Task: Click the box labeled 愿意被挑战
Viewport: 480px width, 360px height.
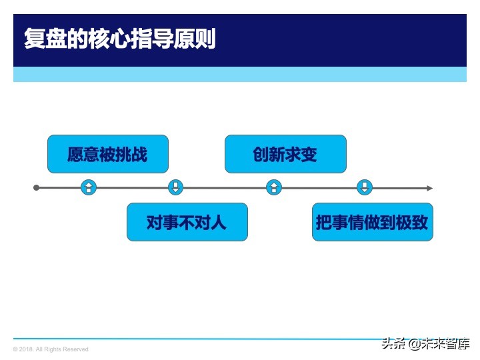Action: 107,154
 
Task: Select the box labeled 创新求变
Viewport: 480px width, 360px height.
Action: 285,154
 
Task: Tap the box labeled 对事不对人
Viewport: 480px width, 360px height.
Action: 187,222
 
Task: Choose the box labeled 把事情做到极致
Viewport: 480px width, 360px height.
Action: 372,222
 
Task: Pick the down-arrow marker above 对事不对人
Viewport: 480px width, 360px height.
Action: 175,187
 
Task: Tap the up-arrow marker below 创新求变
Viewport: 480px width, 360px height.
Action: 273,187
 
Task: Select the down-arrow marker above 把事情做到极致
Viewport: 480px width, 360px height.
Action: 365,187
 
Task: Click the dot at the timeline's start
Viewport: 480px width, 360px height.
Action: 37,188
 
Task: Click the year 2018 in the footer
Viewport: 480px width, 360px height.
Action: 26,349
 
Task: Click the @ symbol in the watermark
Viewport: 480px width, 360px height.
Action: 415,345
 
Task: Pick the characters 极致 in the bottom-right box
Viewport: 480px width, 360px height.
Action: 413,222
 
